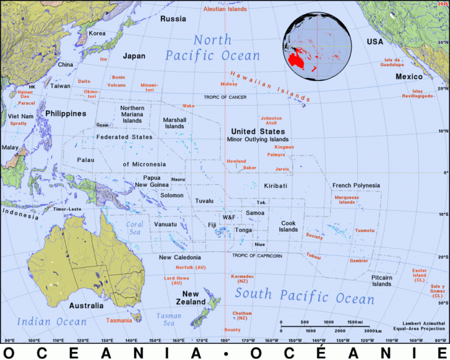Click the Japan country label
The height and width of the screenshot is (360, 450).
(x=134, y=56)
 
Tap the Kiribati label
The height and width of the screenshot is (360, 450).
(x=274, y=186)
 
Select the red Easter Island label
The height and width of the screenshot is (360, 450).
(x=420, y=273)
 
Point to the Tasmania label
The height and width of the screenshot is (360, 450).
(x=119, y=320)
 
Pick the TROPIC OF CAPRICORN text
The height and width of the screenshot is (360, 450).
(x=257, y=255)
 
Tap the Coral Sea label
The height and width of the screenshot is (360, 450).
(x=134, y=228)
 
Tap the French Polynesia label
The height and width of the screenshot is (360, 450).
(x=355, y=186)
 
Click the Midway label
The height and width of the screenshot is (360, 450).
(x=229, y=84)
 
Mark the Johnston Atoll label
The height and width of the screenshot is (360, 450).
(x=271, y=120)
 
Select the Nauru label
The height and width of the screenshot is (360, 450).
(x=178, y=179)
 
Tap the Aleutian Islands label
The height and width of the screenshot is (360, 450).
(x=227, y=8)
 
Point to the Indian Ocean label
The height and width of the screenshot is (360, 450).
(x=52, y=321)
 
